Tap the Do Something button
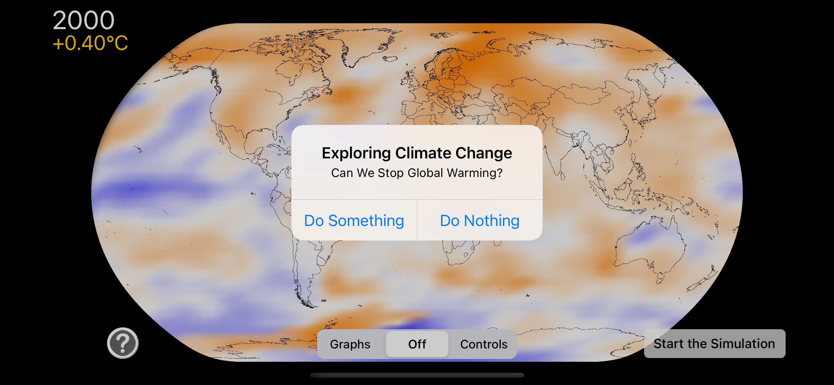tap(354, 220)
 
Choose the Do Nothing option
tap(480, 220)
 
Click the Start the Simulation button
tap(715, 343)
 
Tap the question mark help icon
tap(123, 343)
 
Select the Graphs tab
tap(350, 344)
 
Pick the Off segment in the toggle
tap(417, 344)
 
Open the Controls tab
tap(484, 344)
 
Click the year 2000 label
tap(83, 20)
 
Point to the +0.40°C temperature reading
tap(90, 43)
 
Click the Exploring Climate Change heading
tap(417, 153)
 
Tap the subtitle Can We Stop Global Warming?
tap(417, 173)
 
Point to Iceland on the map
tap(390, 59)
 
